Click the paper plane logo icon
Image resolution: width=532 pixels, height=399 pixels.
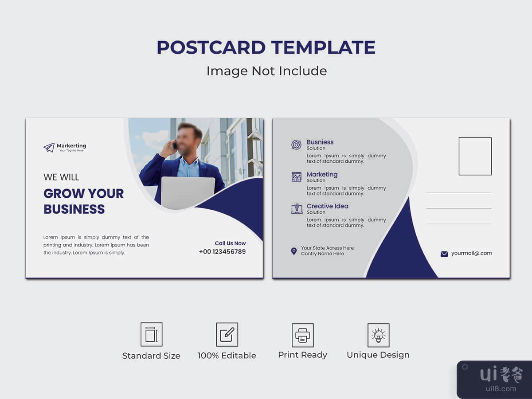click(49, 147)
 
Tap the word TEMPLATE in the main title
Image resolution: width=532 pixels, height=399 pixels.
click(323, 47)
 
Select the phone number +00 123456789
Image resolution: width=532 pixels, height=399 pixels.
click(222, 252)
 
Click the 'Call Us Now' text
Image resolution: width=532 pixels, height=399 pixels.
click(230, 243)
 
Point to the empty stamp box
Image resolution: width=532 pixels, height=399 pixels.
click(475, 156)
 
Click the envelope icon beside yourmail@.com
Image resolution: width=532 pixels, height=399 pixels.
click(444, 254)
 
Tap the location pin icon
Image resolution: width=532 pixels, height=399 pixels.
click(294, 251)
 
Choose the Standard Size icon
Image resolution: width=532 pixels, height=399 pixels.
click(152, 334)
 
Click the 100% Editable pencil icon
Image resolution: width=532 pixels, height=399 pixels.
click(227, 334)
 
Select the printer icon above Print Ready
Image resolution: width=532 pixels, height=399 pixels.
click(302, 335)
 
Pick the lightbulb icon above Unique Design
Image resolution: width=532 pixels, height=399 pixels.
click(378, 335)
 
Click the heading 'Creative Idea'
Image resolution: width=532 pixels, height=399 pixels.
click(328, 206)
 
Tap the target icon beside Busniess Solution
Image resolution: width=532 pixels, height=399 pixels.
click(296, 145)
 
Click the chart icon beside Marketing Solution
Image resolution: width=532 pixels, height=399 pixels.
click(297, 177)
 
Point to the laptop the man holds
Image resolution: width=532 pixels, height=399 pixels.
click(188, 192)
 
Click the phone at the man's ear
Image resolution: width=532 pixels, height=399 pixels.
click(174, 145)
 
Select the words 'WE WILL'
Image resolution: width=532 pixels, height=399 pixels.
click(61, 177)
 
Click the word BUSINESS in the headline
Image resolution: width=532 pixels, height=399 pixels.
click(74, 209)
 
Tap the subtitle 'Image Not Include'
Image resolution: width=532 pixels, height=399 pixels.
click(266, 71)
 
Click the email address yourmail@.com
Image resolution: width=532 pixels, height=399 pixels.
click(472, 254)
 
